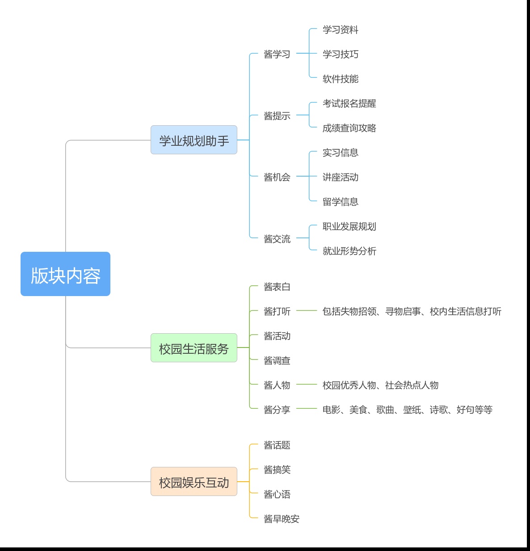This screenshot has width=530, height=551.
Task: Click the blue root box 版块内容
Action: tap(65, 274)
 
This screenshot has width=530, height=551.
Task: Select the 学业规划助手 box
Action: tap(194, 140)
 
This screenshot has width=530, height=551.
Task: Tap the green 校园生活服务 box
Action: tap(194, 348)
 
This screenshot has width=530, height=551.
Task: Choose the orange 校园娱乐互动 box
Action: tap(194, 481)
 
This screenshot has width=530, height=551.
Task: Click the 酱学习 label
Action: tap(277, 54)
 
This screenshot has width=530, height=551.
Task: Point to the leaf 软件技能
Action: tap(341, 79)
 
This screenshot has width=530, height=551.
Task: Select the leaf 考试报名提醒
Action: tap(349, 103)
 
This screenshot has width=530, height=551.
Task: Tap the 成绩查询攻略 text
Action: tap(349, 128)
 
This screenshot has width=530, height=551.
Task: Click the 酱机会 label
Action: tap(277, 177)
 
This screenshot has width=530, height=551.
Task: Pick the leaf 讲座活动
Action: tap(341, 177)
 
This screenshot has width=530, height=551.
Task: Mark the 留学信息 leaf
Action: tap(341, 202)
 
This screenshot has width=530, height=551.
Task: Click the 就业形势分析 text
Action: tap(349, 251)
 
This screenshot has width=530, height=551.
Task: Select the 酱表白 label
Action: tap(277, 287)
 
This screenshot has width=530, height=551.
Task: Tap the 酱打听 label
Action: tap(277, 311)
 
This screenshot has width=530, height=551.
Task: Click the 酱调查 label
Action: tap(277, 361)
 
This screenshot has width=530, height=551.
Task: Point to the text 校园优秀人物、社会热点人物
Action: tap(380, 385)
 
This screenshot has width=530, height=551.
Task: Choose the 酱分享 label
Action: tap(277, 410)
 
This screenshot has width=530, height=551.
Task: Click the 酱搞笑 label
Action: tap(277, 470)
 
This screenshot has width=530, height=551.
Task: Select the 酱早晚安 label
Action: tap(281, 519)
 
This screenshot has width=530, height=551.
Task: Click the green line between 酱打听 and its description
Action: tap(307, 311)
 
